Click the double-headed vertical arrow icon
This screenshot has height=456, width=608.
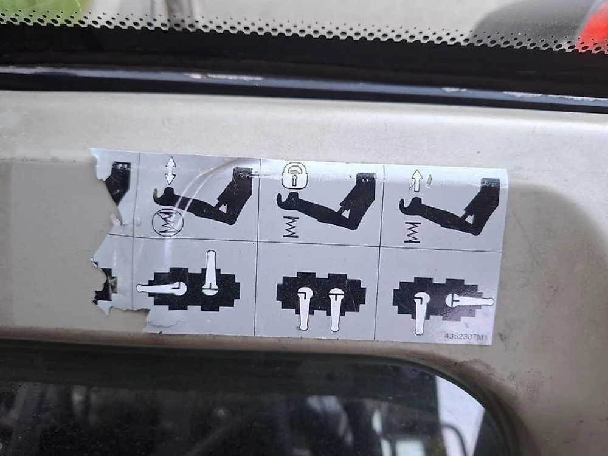click(x=170, y=171)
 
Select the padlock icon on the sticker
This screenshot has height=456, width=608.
click(x=294, y=175)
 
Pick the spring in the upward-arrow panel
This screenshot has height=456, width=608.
click(x=412, y=232)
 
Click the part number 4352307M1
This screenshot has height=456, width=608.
click(x=465, y=336)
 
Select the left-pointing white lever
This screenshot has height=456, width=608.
click(x=162, y=288)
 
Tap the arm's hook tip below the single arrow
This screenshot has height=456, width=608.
click(x=402, y=204)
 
